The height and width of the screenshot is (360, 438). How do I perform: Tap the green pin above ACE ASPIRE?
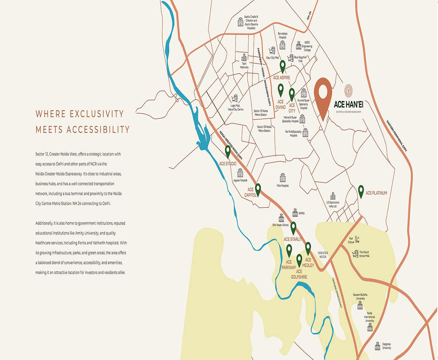pos(282,66)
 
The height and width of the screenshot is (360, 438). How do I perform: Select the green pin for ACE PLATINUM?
pos(361,191)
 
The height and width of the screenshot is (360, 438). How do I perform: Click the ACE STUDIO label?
pos(228,164)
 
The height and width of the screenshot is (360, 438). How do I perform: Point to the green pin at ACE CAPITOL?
pos(258,189)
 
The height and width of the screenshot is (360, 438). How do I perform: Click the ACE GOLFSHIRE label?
pos(299,274)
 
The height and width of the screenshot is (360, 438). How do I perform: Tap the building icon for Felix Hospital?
pos(282,178)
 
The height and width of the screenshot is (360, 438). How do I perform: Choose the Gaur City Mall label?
pos(272,58)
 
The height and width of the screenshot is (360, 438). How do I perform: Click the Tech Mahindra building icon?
pos(244,57)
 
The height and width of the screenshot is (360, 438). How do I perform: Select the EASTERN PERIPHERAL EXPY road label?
pos(397,135)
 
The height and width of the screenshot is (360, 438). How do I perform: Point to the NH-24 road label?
pos(309,15)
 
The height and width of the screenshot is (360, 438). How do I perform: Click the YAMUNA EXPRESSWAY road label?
pos(337,293)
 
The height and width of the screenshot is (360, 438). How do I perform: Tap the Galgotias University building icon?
pos(377,346)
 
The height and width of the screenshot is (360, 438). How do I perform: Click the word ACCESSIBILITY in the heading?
pos(98,129)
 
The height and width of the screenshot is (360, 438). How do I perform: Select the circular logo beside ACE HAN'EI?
pos(349,89)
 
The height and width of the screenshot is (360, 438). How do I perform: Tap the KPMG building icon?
pos(295,213)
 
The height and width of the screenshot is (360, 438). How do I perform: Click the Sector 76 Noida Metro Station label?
pos(260,113)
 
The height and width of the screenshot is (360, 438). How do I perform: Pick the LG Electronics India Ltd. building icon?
pos(332,196)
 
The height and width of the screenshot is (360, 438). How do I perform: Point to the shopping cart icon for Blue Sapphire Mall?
pos(290,58)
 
